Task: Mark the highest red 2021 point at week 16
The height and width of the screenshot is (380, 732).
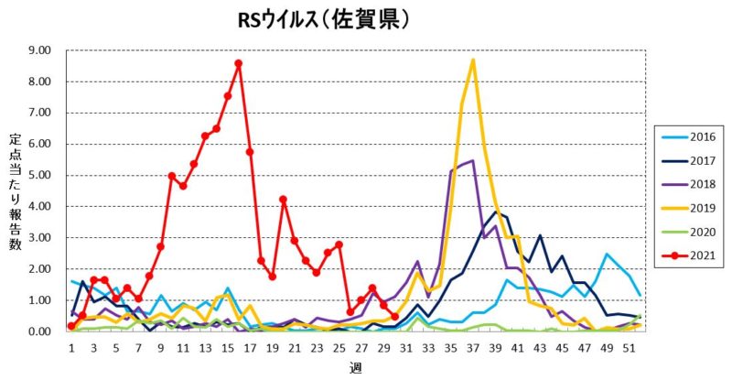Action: coord(238,63)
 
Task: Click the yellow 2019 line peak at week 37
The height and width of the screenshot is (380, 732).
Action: coord(473,60)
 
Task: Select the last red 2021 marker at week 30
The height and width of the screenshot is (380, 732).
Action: coord(394,317)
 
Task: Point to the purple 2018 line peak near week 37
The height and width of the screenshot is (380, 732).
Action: coord(472,161)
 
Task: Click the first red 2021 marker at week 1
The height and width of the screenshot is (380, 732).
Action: coord(71,326)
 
